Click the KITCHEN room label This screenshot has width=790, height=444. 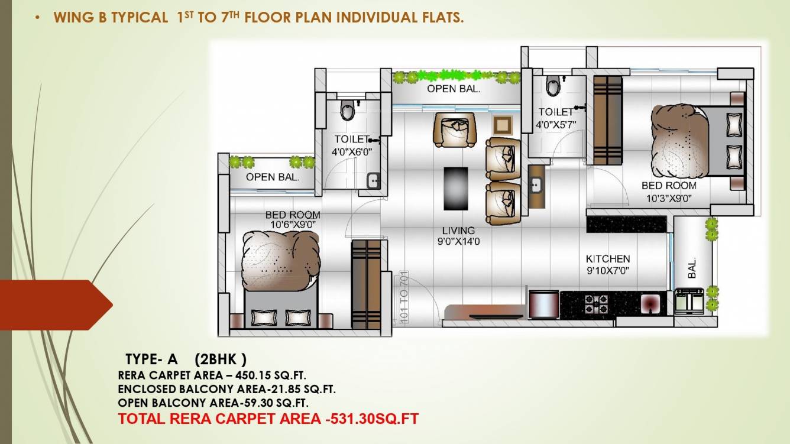(607, 259)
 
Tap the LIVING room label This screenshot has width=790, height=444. (458, 231)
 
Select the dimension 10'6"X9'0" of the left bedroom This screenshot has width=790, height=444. (293, 225)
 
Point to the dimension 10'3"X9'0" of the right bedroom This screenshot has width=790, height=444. (669, 199)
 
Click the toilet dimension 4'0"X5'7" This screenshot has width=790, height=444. (556, 125)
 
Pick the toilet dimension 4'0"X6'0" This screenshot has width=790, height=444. (352, 151)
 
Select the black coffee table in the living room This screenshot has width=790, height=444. (455, 187)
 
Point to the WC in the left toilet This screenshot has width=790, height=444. (348, 109)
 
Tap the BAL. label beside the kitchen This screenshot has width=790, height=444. (692, 268)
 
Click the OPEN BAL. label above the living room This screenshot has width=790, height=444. (454, 89)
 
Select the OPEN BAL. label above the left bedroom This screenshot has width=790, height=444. (272, 177)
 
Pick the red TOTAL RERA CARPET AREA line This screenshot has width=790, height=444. (268, 419)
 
